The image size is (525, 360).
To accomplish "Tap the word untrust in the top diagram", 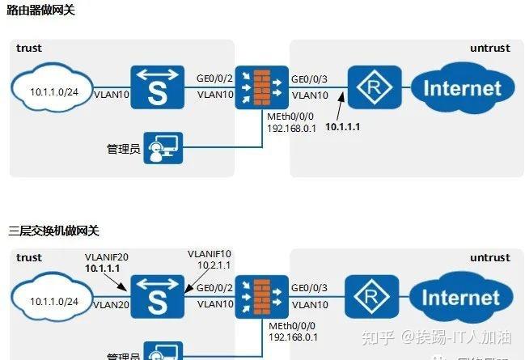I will (490, 49).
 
